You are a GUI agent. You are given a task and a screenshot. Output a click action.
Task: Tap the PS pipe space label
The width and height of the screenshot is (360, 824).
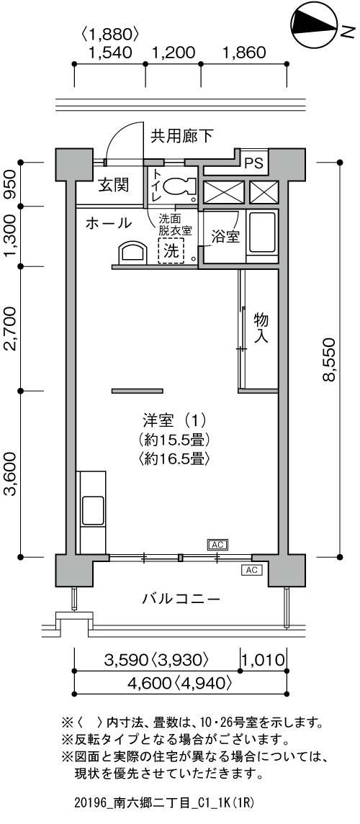pyautogui.click(x=254, y=163)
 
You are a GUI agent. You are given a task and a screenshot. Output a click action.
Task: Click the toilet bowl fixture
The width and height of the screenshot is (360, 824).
pyautogui.click(x=178, y=186)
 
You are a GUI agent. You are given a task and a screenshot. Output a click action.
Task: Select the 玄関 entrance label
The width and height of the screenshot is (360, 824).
pyautogui.click(x=112, y=186)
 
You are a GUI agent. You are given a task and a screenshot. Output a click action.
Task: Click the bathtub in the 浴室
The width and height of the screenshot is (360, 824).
pyautogui.click(x=262, y=232)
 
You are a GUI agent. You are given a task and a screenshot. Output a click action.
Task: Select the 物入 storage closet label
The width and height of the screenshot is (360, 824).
pyautogui.click(x=261, y=328)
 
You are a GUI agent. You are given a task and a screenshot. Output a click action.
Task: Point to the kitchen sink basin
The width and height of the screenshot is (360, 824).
pyautogui.click(x=93, y=510)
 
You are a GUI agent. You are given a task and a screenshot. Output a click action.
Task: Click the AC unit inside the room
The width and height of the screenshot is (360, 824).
pyautogui.click(x=217, y=545)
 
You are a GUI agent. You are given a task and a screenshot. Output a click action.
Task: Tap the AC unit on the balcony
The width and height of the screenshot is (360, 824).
pyautogui.click(x=252, y=570)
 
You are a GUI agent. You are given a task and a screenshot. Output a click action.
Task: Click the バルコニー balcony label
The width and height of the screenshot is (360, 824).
pyautogui.click(x=180, y=599)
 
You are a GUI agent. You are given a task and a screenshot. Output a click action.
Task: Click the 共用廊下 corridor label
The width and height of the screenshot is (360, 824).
pyautogui.click(x=182, y=137)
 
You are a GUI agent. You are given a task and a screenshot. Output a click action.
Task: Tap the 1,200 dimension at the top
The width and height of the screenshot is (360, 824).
pyautogui.click(x=174, y=53)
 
